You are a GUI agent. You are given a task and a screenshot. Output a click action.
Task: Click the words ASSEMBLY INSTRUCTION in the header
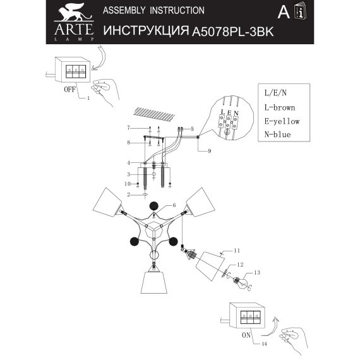pos(153,11)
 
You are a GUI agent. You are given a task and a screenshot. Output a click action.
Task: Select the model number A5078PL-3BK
pos(232,31)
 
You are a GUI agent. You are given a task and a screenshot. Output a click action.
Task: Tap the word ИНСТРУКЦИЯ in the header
pos(146,31)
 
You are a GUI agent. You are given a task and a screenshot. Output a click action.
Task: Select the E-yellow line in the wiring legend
pos(282,121)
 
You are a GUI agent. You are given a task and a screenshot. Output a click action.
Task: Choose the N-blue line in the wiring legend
pos(278,135)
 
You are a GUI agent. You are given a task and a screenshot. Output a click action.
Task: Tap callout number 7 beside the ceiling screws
pos(127,128)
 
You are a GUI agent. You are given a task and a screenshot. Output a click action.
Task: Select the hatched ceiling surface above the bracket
pos(155,115)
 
